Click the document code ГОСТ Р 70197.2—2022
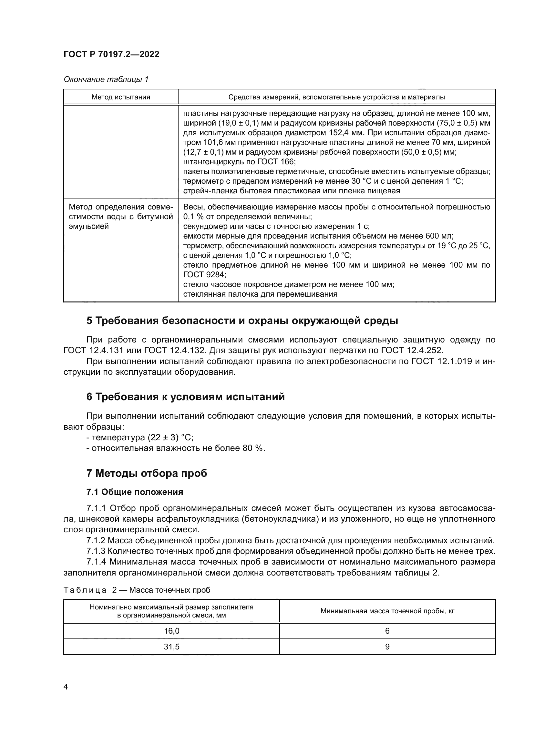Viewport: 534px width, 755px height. click(111, 54)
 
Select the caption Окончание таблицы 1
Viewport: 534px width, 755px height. click(106, 79)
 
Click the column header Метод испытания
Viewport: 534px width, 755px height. click(121, 97)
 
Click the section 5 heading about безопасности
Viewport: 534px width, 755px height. click(242, 321)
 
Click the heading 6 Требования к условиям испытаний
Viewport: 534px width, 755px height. click(185, 397)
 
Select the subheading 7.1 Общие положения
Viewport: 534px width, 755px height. click(135, 492)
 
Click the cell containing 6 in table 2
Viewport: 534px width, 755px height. click(387, 631)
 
